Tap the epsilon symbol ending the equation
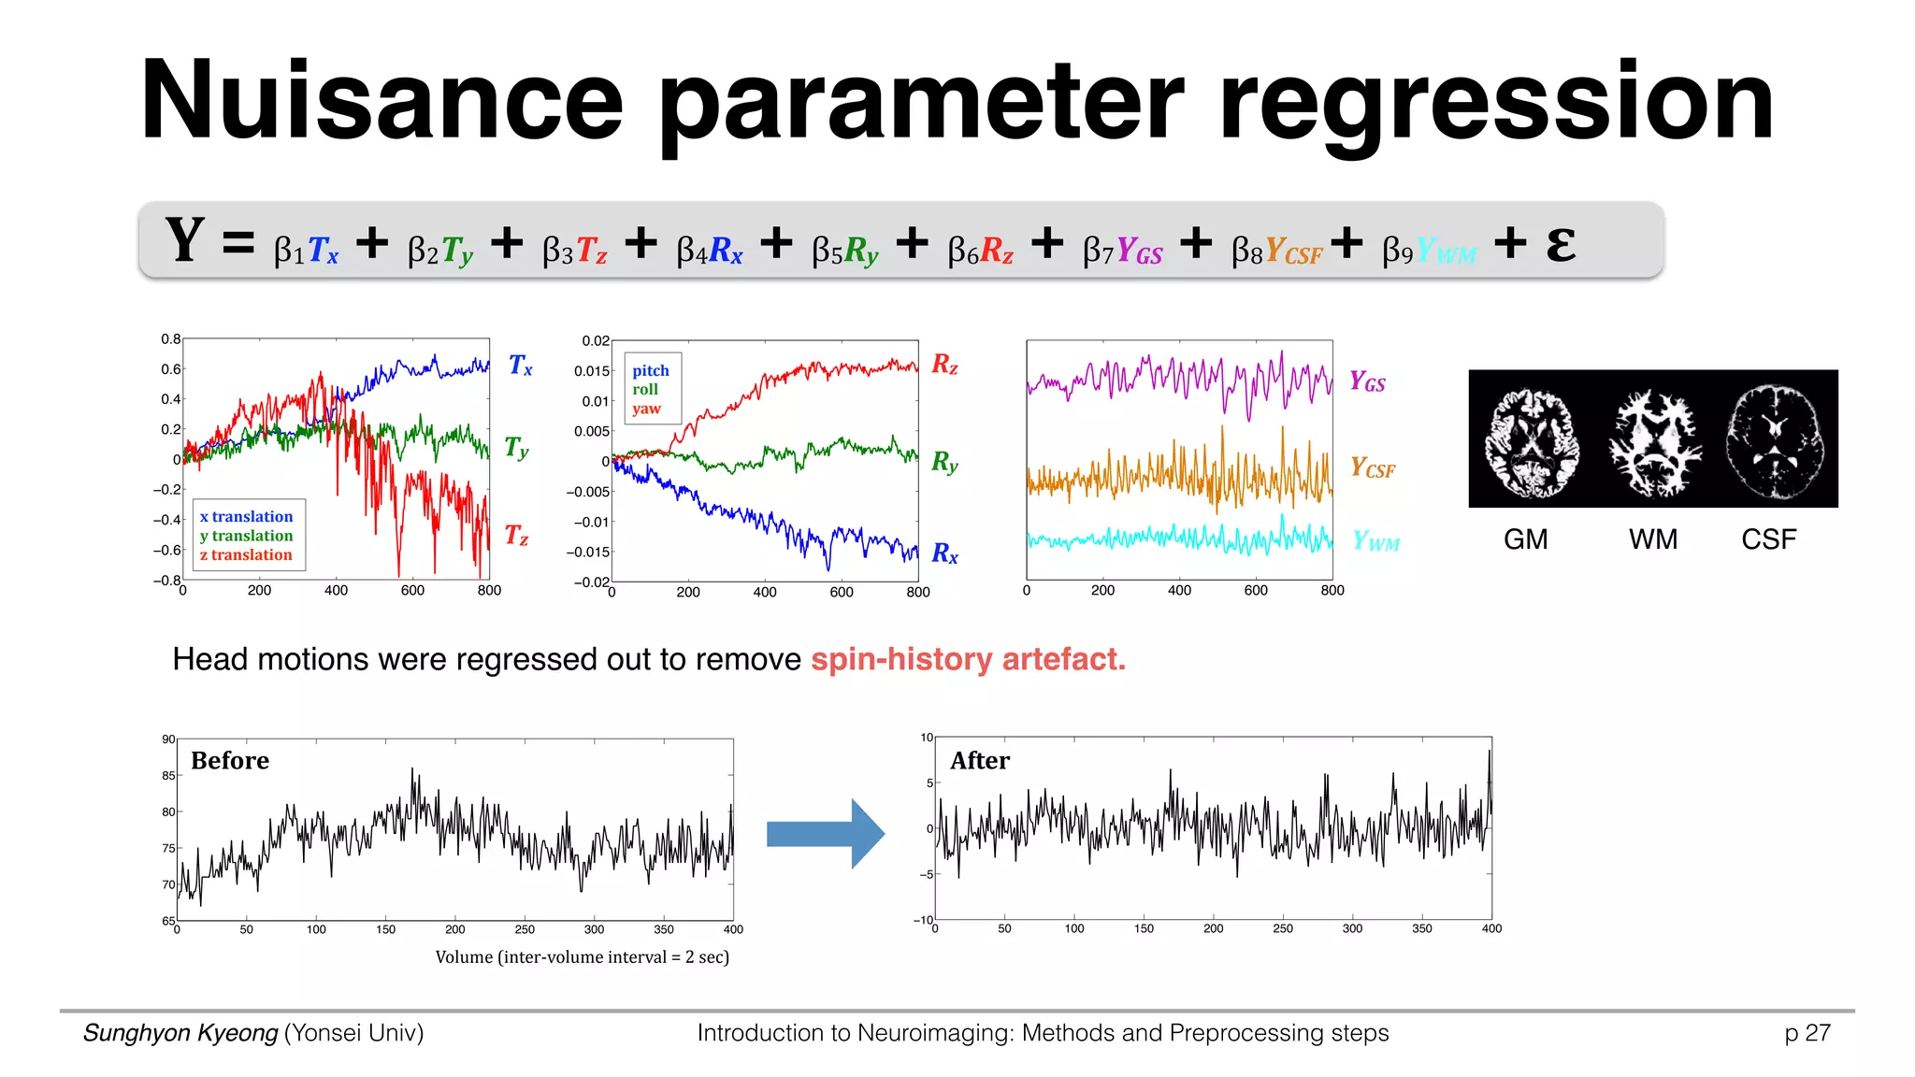pos(1560,244)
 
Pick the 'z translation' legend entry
pos(246,554)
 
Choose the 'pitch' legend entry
pos(650,370)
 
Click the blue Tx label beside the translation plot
pos(520,365)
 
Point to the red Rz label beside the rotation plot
pos(944,364)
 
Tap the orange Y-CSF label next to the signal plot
pos(1372,467)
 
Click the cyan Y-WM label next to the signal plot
pos(1375,541)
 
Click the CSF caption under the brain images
pos(1768,539)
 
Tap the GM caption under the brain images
pos(1525,539)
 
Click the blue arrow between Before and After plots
pos(824,833)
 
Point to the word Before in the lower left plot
pos(230,760)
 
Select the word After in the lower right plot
pos(980,760)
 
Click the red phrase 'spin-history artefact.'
pos(968,659)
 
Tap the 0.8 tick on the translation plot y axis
pos(170,338)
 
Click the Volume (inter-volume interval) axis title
pos(582,956)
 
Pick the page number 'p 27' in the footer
pos(1807,1032)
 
